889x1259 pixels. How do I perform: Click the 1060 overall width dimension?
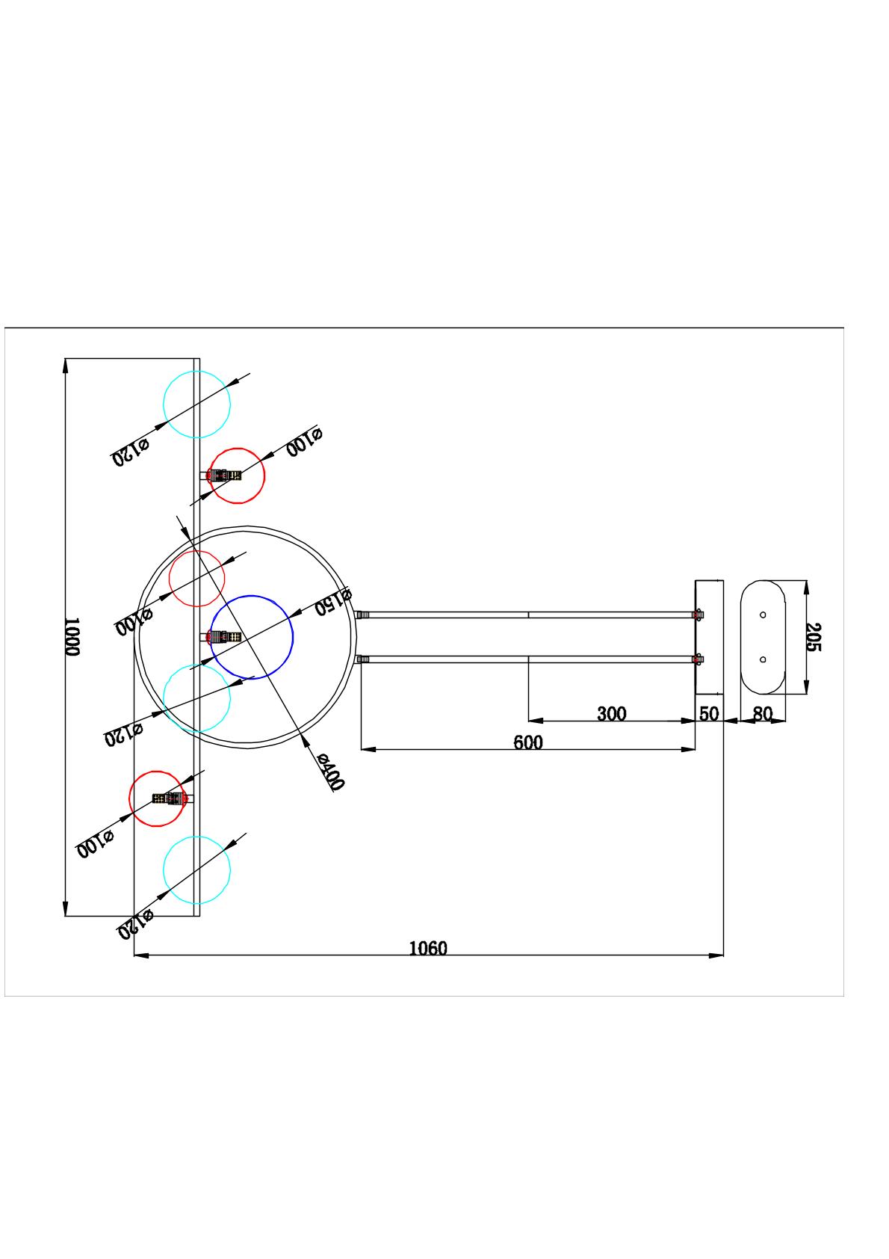(x=428, y=948)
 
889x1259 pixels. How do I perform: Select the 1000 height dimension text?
(x=71, y=637)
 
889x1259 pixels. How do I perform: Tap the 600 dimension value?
(x=527, y=742)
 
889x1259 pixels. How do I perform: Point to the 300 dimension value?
(x=611, y=714)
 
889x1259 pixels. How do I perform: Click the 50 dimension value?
(x=709, y=714)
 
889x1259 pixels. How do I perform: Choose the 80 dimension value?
(x=762, y=714)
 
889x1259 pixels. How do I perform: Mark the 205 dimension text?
(x=813, y=637)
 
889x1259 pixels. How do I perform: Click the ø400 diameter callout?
(x=329, y=772)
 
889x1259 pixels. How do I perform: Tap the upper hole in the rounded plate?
(x=763, y=615)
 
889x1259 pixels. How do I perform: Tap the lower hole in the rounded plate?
(x=763, y=659)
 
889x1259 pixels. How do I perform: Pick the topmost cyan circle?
(x=196, y=404)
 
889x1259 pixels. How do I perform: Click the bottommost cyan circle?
(x=196, y=870)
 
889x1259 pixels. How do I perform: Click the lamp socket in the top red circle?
(x=226, y=475)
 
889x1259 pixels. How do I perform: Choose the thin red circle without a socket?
(x=197, y=579)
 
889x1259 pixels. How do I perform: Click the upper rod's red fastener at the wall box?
(x=698, y=615)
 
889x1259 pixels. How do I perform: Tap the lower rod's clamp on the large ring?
(x=363, y=659)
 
